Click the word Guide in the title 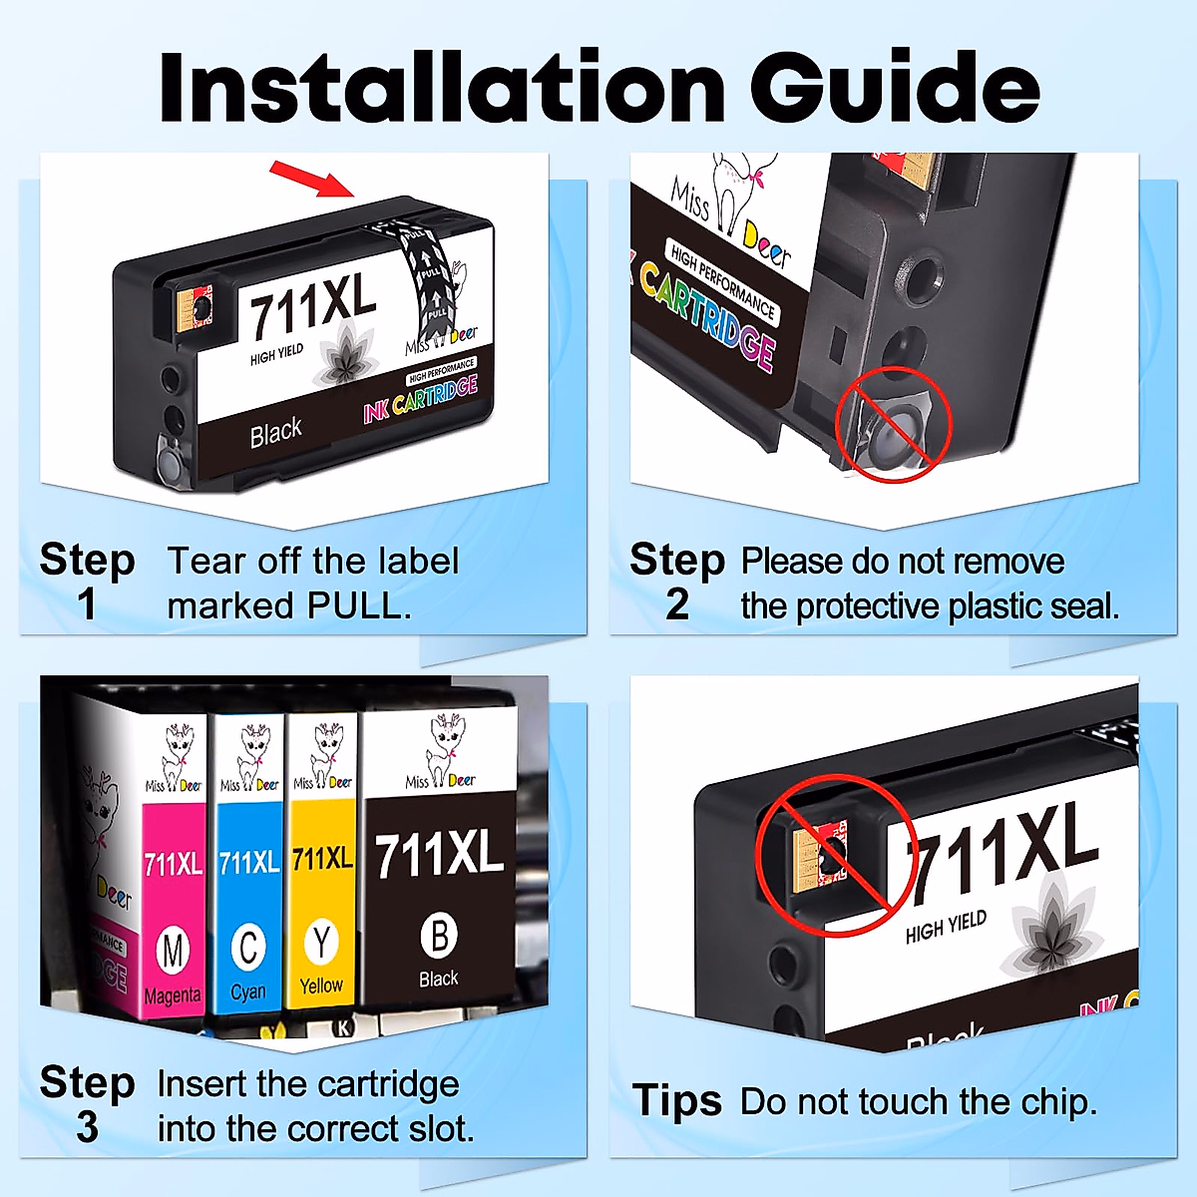point(895,88)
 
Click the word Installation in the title point(442,88)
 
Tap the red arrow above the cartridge point(312,180)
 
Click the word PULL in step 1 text point(358,606)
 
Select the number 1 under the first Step point(87,604)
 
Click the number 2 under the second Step point(677,604)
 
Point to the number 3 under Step point(87,1127)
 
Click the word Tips point(677,1101)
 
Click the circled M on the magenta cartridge point(174,951)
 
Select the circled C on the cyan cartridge point(248,947)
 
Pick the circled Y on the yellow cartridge point(321,942)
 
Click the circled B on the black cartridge point(439,936)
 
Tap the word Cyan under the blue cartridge point(248,993)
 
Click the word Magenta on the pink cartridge point(173,997)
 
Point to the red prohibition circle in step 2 point(893,424)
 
